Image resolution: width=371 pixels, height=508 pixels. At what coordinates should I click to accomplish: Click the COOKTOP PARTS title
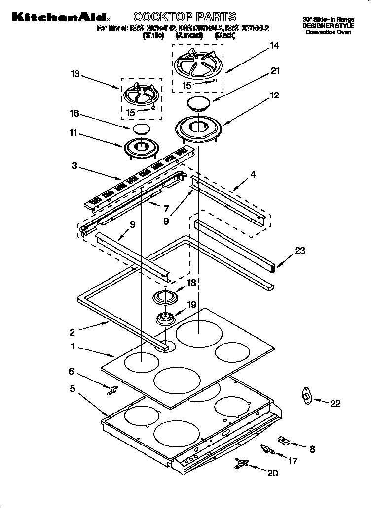pyautogui.click(x=178, y=17)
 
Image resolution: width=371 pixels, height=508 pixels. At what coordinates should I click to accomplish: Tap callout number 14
pyautogui.click(x=274, y=46)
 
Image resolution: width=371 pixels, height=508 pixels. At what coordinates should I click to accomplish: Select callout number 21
pyautogui.click(x=274, y=71)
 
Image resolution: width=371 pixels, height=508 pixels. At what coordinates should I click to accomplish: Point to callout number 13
pyautogui.click(x=75, y=74)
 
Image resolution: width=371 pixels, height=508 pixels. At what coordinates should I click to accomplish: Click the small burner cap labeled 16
pyautogui.click(x=141, y=129)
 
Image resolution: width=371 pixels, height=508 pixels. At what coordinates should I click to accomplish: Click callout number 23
pyautogui.click(x=300, y=251)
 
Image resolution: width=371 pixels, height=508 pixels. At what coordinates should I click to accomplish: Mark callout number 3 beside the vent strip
pyautogui.click(x=74, y=166)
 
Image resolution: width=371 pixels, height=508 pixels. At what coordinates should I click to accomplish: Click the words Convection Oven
pyautogui.click(x=328, y=32)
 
